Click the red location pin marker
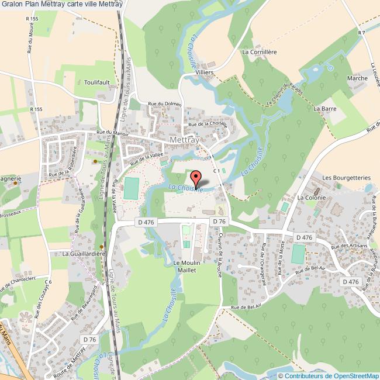pos(196,178)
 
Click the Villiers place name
pos(205,72)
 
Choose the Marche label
pos(357,78)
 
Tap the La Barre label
pos(323,108)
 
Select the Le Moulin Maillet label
pos(187,267)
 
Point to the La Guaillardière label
pos(84,254)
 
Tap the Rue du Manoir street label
pos(112,133)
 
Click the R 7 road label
pos(362,33)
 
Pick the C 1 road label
pos(217,170)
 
